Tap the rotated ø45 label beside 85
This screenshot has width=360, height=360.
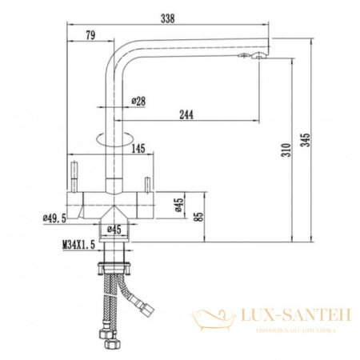178,208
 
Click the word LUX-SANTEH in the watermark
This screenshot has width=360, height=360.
295,318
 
